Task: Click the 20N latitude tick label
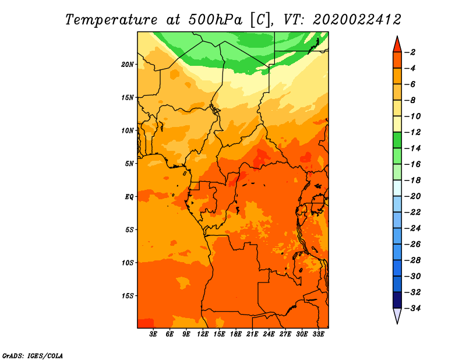point(128,65)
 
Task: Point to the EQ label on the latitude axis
point(129,197)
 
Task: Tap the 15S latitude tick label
point(128,296)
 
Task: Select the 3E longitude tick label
point(153,334)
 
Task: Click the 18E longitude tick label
point(236,334)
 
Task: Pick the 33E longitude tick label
point(318,334)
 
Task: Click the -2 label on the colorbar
point(410,52)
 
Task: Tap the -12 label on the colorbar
point(412,132)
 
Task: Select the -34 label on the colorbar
point(412,308)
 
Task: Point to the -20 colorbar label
point(412,196)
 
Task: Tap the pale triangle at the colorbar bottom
point(397,315)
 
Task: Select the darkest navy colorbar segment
point(397,300)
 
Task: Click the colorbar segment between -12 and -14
point(397,140)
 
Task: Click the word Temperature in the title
point(111,20)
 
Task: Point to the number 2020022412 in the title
point(357,20)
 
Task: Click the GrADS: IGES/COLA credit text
point(33,356)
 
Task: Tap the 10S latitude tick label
point(128,263)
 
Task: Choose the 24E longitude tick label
point(269,334)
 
